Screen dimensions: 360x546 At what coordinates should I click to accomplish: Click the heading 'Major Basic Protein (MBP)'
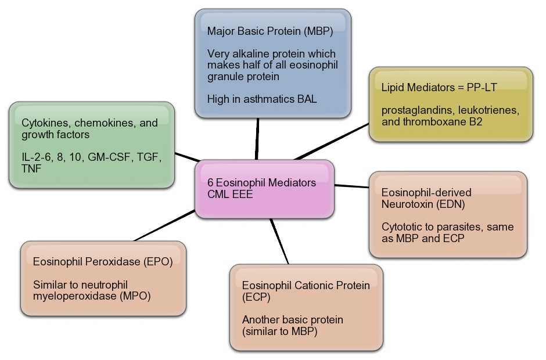270,31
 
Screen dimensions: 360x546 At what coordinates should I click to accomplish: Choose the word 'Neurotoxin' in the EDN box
405,204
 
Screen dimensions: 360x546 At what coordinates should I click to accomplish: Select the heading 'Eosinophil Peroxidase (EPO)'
103,262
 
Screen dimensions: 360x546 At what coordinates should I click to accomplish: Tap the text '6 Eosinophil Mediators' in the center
261,182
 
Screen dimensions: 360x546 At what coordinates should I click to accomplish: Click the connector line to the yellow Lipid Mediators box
331,141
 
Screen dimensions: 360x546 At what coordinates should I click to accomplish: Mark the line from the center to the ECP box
279,242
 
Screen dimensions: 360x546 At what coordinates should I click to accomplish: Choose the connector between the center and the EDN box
352,186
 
